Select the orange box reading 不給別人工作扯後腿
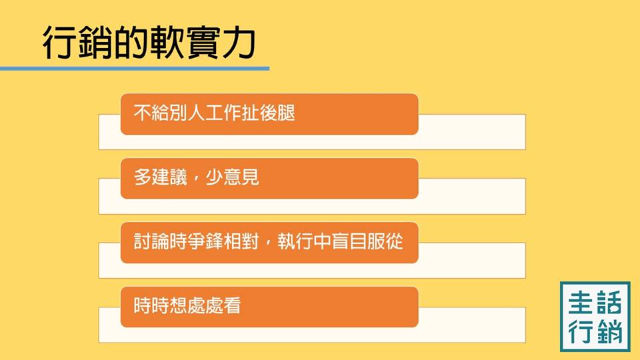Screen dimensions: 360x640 coord(269,114)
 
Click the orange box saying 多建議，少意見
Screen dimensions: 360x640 coord(269,178)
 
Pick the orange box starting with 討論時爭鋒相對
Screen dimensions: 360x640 coord(269,243)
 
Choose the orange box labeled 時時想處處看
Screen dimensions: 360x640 coord(269,307)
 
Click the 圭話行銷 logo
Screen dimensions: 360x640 coord(595,316)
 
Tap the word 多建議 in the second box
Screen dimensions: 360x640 coord(158,179)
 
